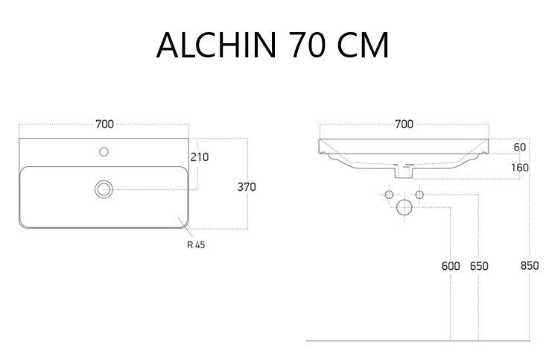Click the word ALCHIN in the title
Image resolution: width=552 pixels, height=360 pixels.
pyautogui.click(x=217, y=45)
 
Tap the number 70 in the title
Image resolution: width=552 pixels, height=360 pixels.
pyautogui.click(x=308, y=45)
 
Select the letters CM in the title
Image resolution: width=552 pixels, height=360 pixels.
pyautogui.click(x=363, y=45)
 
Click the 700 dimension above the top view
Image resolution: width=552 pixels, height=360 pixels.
pyautogui.click(x=104, y=124)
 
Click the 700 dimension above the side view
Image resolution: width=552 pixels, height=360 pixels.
pyautogui.click(x=405, y=124)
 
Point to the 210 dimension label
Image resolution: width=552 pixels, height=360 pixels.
pyautogui.click(x=200, y=157)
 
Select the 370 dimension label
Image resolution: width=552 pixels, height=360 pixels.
pyautogui.click(x=247, y=187)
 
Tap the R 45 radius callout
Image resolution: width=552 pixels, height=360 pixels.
pyautogui.click(x=196, y=244)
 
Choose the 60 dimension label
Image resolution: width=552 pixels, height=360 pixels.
pyautogui.click(x=520, y=148)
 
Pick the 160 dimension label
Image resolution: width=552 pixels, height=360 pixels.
pyautogui.click(x=520, y=168)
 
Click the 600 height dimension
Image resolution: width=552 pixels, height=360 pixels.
pyautogui.click(x=451, y=266)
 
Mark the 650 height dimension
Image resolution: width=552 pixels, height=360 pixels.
pyautogui.click(x=479, y=266)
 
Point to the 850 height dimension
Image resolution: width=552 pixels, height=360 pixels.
pyautogui.click(x=530, y=265)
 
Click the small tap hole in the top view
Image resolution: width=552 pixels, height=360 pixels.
pyautogui.click(x=104, y=152)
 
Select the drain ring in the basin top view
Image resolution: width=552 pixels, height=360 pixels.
pyautogui.click(x=104, y=189)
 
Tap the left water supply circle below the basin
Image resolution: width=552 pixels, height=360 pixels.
pyautogui.click(x=389, y=195)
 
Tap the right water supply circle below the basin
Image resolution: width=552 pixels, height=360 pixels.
pyautogui.click(x=419, y=195)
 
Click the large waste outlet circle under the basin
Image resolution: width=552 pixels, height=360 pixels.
pyautogui.click(x=405, y=207)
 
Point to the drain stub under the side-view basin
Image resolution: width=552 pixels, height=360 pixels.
pyautogui.click(x=404, y=172)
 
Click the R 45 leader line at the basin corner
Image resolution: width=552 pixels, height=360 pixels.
pyautogui.click(x=185, y=227)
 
